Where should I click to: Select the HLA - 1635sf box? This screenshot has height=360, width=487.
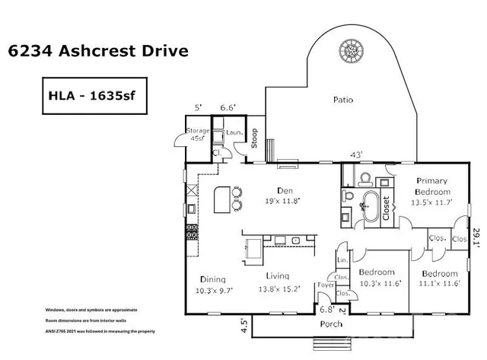tap(91, 97)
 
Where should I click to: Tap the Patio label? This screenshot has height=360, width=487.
tap(345, 99)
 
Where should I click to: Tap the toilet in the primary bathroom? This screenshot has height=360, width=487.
tap(364, 180)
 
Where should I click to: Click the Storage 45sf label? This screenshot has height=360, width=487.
tap(199, 135)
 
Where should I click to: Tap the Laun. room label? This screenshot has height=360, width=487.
tap(234, 132)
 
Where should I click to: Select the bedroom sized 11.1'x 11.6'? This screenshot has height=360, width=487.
tap(439, 278)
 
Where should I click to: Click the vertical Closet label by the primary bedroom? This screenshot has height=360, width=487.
tap(386, 205)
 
